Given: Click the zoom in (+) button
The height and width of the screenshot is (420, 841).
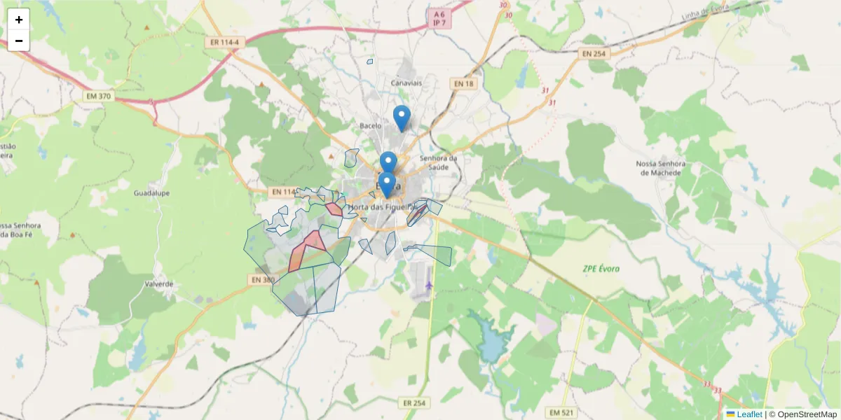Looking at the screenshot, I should click(x=19, y=20).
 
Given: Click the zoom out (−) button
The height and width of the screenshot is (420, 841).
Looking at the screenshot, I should click(x=19, y=41).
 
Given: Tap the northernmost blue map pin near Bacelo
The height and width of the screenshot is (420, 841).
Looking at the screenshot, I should click(x=401, y=118).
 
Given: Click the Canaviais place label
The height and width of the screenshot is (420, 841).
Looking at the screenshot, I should click(x=406, y=83).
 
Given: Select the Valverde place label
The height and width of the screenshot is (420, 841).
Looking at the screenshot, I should click(x=158, y=284).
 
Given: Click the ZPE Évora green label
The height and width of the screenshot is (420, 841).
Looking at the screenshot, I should click(x=601, y=269).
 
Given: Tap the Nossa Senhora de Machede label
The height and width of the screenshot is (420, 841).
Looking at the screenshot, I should click(x=658, y=168).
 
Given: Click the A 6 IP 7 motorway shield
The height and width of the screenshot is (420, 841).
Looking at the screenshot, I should click(x=439, y=18).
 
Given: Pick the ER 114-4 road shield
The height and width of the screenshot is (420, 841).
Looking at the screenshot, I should click(x=224, y=43).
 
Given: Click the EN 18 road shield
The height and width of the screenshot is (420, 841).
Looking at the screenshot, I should click(x=463, y=83).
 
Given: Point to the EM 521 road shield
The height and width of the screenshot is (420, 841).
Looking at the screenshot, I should click(x=562, y=412).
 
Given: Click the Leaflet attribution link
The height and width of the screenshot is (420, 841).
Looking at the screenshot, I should click(x=748, y=414).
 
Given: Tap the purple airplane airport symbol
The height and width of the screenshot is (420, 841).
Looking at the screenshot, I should click(x=429, y=285).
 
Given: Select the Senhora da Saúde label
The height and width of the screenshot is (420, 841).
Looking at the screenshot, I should click(x=438, y=162).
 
